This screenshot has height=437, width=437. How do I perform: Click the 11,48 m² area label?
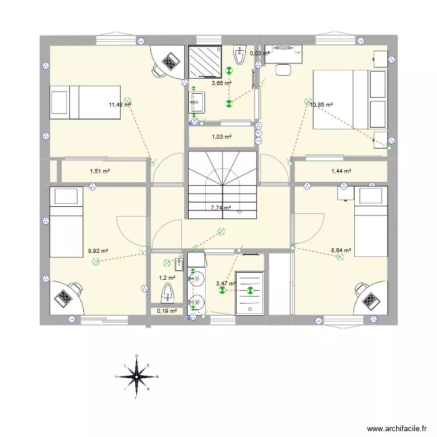[119, 105]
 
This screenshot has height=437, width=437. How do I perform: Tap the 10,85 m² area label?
[322, 105]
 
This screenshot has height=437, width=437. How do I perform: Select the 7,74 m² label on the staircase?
[221, 207]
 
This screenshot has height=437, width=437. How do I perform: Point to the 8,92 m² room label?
[98, 251]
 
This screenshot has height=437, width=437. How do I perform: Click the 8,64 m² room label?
[341, 251]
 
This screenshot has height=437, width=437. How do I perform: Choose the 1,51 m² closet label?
[100, 171]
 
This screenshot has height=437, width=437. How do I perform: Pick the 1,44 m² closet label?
[341, 171]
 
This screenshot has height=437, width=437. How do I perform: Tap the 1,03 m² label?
[221, 137]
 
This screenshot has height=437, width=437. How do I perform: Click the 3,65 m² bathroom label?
[221, 83]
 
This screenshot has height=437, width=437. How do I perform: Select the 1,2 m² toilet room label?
[167, 278]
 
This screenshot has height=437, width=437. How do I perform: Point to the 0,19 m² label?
[167, 311]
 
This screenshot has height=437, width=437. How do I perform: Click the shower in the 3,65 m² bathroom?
[205, 61]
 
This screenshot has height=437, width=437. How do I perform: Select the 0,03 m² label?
[259, 54]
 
